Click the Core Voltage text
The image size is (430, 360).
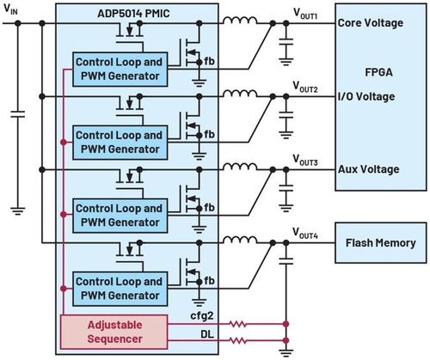pyautogui.click(x=372, y=24)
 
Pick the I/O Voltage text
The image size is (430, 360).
pyautogui.click(x=366, y=97)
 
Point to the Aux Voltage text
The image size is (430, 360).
pyautogui.click(x=369, y=169)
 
